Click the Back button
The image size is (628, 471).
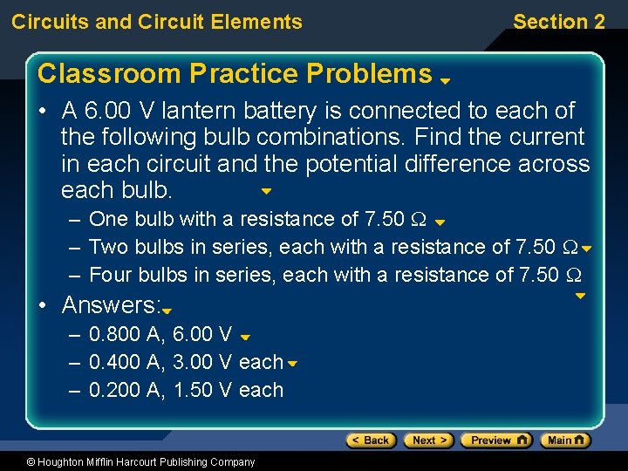pos(371,440)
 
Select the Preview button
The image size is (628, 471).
pos(495,440)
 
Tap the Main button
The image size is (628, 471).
pos(564,440)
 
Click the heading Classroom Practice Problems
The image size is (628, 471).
pos(235,74)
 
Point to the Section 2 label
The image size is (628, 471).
pos(558,22)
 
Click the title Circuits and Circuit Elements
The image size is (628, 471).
pos(157,22)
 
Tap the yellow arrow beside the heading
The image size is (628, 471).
pos(444,80)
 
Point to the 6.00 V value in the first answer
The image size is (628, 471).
pos(203,334)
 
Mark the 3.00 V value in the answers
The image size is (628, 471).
pos(203,362)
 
